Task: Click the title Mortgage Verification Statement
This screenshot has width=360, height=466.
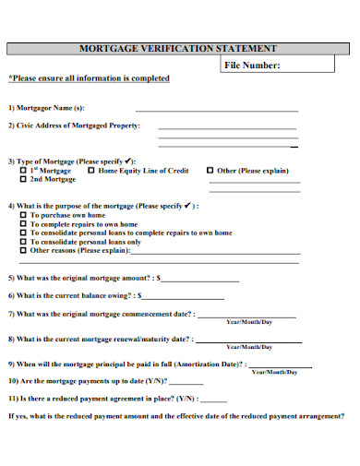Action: [178, 48]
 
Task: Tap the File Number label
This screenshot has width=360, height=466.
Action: [252, 66]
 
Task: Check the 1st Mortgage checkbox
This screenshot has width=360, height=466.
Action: [23, 171]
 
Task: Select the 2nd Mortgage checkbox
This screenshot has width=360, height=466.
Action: [23, 180]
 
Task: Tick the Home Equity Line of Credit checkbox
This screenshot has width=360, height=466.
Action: [90, 171]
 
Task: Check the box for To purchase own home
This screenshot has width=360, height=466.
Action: [23, 214]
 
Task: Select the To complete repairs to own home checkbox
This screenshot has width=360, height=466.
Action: [23, 223]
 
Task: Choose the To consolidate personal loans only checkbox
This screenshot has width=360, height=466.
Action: [23, 242]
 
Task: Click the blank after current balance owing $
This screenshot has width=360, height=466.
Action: [183, 297]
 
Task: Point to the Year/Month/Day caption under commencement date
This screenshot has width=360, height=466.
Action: [249, 322]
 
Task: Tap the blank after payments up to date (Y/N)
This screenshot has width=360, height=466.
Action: [186, 383]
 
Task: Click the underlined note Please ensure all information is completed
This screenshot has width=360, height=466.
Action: [89, 78]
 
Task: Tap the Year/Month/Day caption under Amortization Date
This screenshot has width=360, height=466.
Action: [275, 371]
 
